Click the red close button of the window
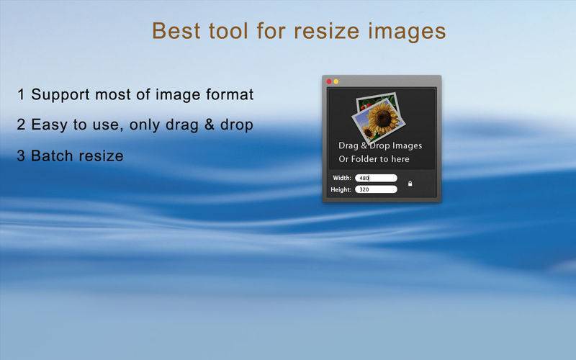click(x=329, y=81)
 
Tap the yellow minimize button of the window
click(x=336, y=81)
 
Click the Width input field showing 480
click(x=376, y=178)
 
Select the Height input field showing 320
click(x=376, y=189)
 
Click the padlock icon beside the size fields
click(x=410, y=184)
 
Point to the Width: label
click(x=342, y=178)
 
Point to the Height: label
click(x=341, y=190)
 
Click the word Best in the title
click(x=176, y=31)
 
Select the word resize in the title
click(x=327, y=31)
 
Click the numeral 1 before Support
click(x=21, y=95)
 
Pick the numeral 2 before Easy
click(x=21, y=125)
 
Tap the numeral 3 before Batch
click(x=21, y=156)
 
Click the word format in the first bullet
click(x=230, y=94)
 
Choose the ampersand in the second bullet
click(x=210, y=125)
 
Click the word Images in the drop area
click(x=407, y=146)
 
